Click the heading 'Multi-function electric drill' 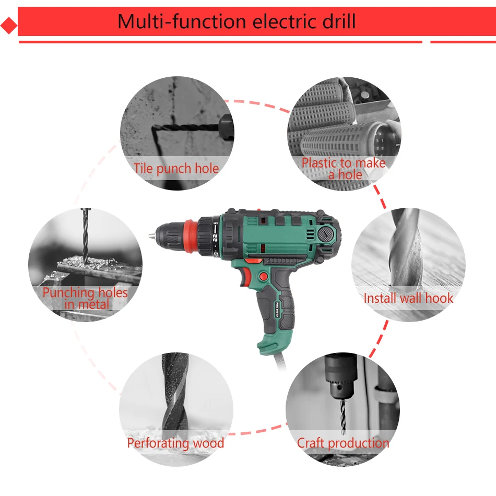[236, 21]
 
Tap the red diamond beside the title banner [8, 26]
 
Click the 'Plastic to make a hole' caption [344, 168]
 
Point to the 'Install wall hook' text [408, 298]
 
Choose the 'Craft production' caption [343, 443]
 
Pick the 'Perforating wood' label [175, 443]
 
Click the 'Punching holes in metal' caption [85, 298]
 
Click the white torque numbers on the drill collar [215, 236]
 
